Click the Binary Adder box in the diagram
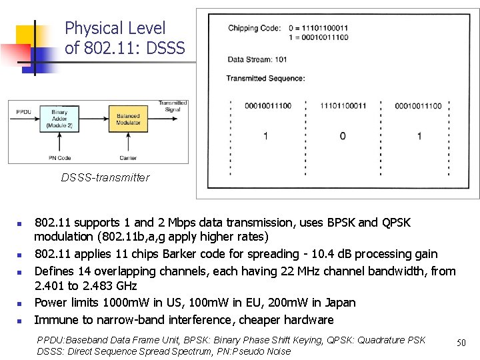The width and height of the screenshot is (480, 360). click(59, 117)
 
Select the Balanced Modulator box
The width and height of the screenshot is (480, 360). click(128, 117)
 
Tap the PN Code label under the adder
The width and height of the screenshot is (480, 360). click(59, 158)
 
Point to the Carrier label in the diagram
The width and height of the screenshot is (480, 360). click(128, 158)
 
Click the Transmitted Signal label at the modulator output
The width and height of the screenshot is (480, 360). click(172, 106)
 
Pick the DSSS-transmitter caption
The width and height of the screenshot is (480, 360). click(105, 178)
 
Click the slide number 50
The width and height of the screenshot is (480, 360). click(461, 343)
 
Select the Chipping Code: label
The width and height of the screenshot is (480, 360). click(254, 28)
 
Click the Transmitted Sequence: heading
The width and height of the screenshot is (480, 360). click(265, 79)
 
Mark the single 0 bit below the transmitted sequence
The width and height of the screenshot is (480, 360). click(343, 136)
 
